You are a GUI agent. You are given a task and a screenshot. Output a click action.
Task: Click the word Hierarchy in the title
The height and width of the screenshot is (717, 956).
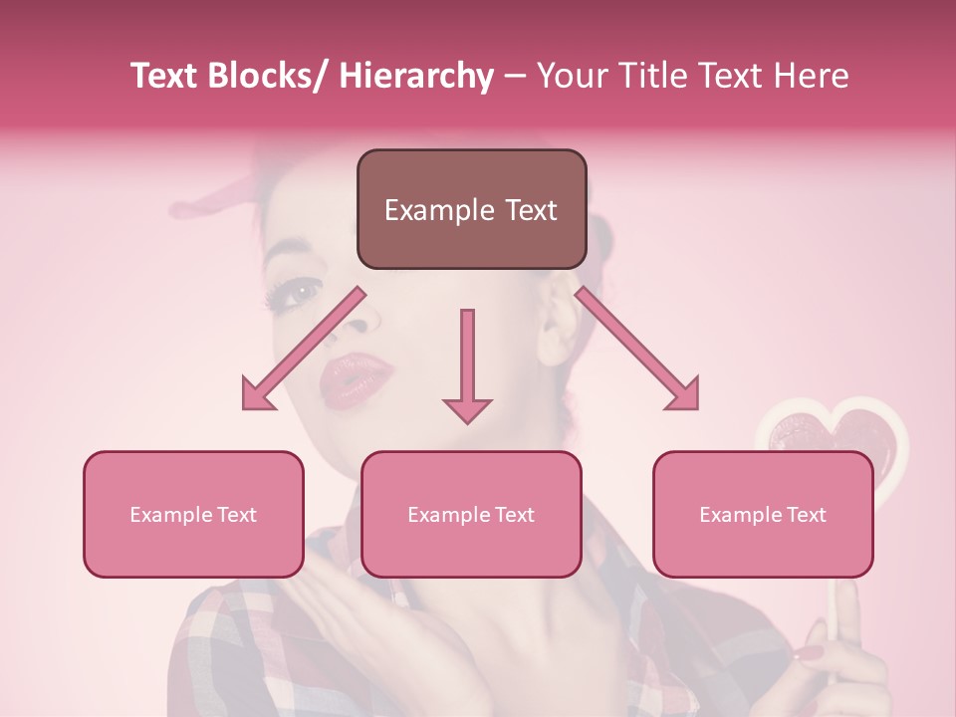tap(416, 76)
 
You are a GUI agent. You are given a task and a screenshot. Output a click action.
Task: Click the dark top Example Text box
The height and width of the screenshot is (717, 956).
tap(471, 209)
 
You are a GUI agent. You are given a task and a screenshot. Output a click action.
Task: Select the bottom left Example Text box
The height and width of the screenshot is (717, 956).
tap(193, 514)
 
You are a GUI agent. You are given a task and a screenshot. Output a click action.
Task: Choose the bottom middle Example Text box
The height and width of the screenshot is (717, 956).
tap(471, 514)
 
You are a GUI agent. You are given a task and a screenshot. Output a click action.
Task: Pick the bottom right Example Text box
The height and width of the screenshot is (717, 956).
tap(763, 514)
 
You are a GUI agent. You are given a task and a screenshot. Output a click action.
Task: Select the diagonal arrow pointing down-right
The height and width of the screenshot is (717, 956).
tap(637, 349)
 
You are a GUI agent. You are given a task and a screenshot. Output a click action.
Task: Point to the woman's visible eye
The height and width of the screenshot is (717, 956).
tap(298, 292)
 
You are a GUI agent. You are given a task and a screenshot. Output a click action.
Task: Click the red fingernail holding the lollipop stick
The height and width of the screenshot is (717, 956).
tap(808, 653)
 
